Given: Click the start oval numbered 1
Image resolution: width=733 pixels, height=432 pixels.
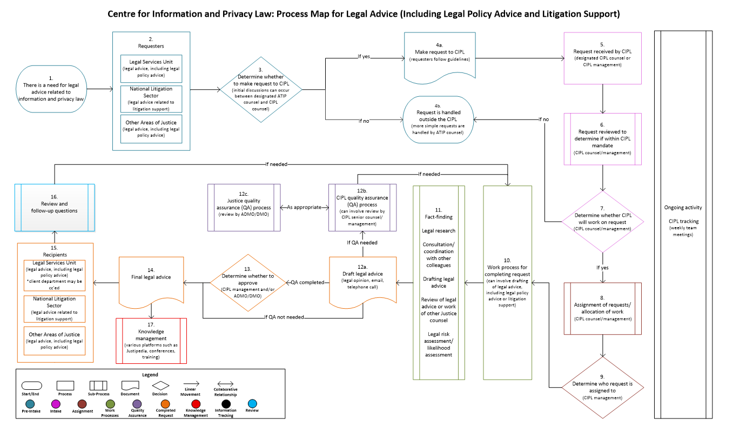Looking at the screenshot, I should (54, 89).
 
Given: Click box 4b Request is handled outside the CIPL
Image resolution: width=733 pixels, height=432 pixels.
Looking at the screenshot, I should (440, 119).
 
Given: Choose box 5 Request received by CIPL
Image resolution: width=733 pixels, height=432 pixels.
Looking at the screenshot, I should (602, 58).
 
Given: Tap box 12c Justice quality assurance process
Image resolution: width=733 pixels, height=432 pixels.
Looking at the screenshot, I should (244, 207).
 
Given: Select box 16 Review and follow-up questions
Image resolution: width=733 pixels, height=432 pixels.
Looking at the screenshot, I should (55, 207).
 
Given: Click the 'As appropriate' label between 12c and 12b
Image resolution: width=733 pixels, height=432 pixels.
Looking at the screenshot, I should (305, 207).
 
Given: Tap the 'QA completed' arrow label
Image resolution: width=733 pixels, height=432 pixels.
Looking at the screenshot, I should (307, 282).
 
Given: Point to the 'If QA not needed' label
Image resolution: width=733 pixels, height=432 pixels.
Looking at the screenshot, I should (284, 317).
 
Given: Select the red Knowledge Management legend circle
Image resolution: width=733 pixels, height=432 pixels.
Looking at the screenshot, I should (197, 403).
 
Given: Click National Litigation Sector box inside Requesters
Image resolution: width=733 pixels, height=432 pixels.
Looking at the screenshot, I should (151, 98).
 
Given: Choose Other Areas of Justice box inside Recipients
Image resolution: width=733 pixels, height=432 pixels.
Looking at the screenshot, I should (54, 341).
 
